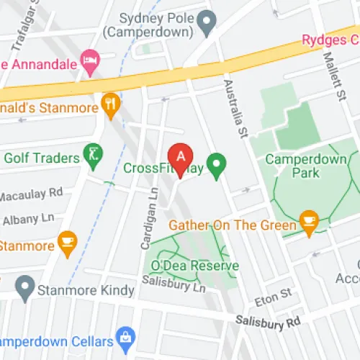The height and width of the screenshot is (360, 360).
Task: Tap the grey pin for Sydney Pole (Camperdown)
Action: [x=208, y=24]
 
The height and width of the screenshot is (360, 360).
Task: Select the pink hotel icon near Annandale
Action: [x=90, y=62]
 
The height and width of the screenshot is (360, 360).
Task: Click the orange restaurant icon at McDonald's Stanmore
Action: [x=109, y=104]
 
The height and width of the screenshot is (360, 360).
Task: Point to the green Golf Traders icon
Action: [x=93, y=153]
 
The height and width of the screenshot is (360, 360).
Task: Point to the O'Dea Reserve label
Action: [x=194, y=266]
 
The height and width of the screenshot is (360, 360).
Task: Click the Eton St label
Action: [x=274, y=294]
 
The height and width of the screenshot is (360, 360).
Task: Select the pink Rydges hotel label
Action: [x=330, y=38]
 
